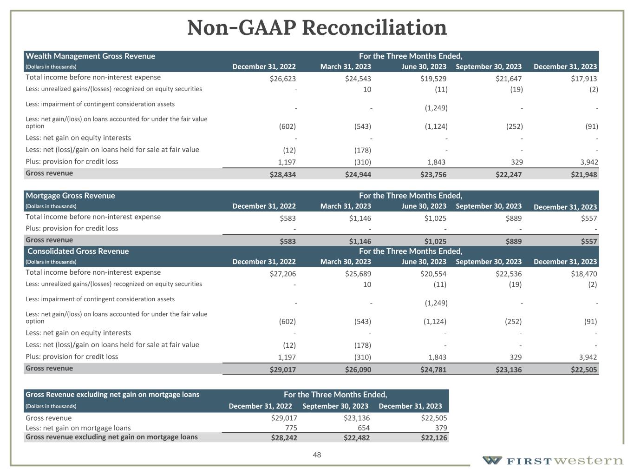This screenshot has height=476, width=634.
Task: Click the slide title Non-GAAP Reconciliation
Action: pos(317,28)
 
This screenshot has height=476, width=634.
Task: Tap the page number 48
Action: pos(317,455)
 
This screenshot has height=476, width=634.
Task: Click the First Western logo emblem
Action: pos(492,460)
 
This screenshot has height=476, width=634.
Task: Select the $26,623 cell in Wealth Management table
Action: pos(282,79)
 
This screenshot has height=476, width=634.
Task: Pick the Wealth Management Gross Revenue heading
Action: pos(91,56)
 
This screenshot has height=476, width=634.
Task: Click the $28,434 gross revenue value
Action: pos(282,175)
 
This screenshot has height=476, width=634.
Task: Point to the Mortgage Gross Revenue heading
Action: pos(70,196)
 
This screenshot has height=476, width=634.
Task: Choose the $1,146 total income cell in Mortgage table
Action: pos(360,218)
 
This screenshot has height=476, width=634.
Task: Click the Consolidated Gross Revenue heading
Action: pos(78,251)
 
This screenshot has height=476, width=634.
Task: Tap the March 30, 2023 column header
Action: pos(346,262)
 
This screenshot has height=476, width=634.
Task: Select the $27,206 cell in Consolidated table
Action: pos(282,274)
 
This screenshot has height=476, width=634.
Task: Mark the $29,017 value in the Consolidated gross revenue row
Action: pos(282,370)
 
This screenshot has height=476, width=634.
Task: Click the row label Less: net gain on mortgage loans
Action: pos(78,428)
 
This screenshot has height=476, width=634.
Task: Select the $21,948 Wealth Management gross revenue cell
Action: pos(584,175)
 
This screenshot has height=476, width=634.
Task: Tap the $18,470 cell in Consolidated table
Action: pos(584,274)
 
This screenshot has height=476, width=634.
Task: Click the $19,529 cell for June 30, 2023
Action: pos(433,79)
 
